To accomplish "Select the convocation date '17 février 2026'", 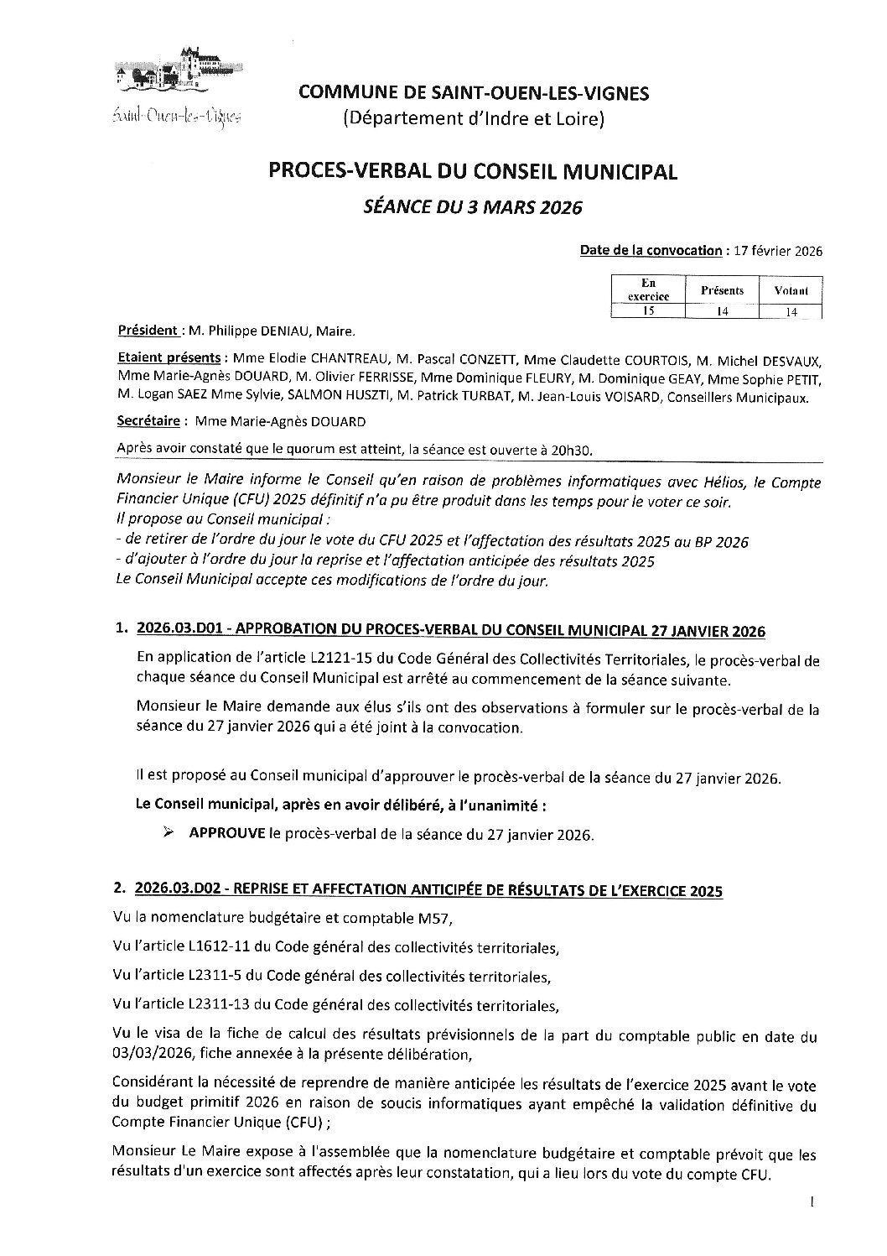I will coord(776,251).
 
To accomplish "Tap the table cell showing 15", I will coord(646,311).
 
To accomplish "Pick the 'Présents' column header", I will coord(721,290).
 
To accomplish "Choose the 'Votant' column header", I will coord(791,291).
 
